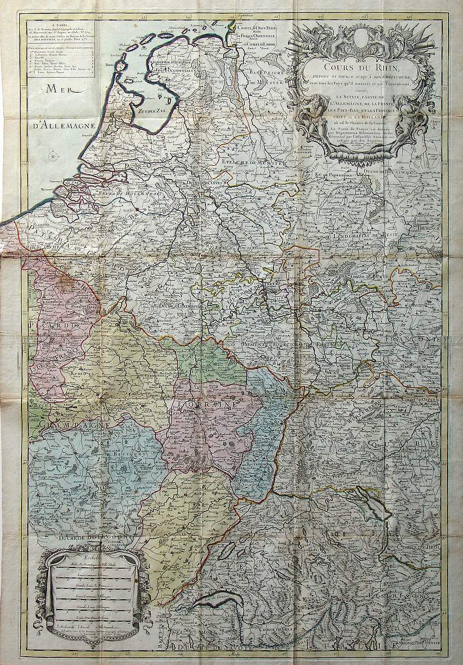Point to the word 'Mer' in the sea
coord(58,88)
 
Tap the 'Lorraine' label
coord(209,404)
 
